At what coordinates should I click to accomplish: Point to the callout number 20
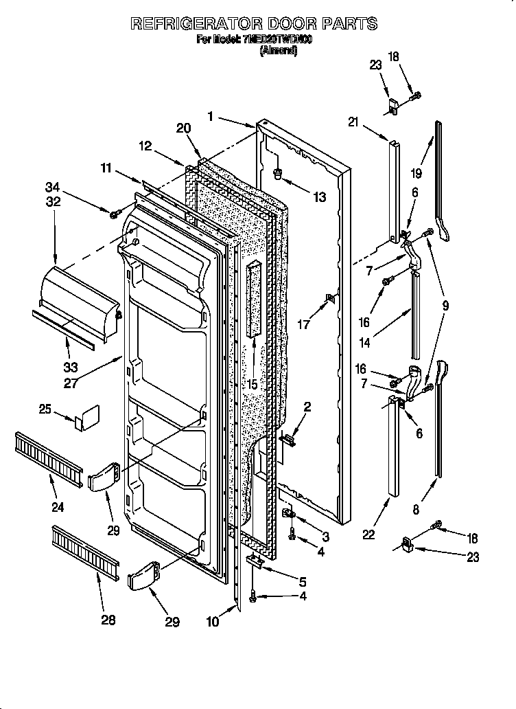coord(183,128)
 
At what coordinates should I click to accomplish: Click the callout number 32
coord(53,202)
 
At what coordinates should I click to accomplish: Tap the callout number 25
coord(45,409)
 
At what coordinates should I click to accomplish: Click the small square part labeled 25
coord(88,417)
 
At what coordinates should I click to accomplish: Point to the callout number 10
coord(214,622)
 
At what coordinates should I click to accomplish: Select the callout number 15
coord(253,385)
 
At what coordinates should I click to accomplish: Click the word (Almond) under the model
coord(278,51)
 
